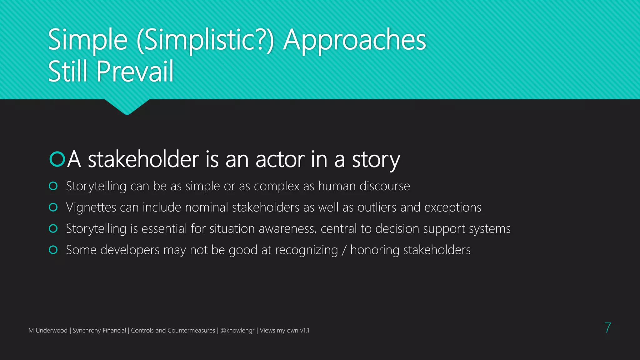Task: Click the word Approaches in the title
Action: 354,40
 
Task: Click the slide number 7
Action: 607,328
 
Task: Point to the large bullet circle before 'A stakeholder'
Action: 57,159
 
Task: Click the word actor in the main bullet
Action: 280,159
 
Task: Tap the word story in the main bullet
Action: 376,160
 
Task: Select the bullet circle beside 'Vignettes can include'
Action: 53,207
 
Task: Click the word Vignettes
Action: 91,207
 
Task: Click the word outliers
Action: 377,207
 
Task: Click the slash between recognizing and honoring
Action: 344,250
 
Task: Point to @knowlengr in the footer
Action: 237,330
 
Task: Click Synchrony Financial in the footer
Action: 99,330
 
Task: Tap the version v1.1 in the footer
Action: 304,330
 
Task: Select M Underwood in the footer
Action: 48,330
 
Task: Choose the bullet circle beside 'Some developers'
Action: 53,250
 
